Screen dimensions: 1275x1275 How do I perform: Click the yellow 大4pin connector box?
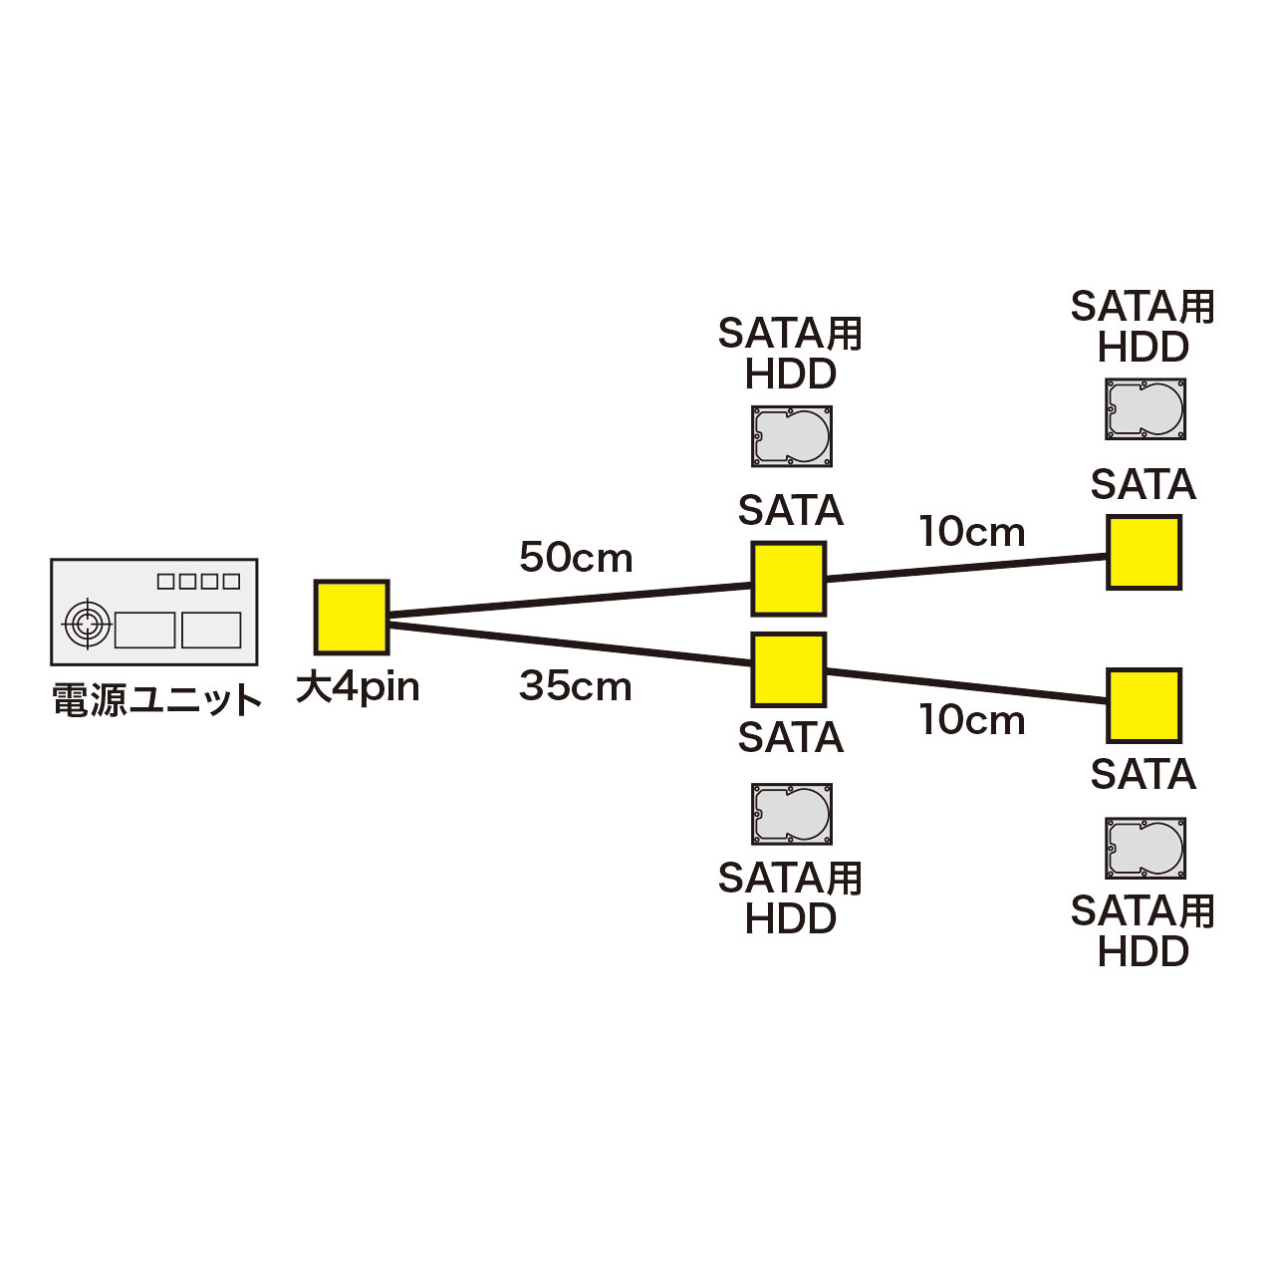352,617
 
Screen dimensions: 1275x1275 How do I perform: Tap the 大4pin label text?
358,687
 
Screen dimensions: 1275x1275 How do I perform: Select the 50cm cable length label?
576,558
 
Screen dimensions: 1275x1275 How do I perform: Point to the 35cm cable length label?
576,686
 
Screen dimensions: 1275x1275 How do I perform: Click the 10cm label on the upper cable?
971,532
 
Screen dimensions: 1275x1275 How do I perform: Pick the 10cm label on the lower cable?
971,720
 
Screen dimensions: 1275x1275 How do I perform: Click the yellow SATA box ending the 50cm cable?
788,579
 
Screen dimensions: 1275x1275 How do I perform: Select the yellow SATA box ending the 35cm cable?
788,669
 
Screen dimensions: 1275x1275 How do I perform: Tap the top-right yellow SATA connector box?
1144,552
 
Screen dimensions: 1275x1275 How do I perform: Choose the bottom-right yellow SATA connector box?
1144,705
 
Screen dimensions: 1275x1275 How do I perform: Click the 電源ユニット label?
156,700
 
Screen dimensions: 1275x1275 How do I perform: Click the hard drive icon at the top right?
1145,408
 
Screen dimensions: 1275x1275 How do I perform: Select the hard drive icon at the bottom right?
1145,849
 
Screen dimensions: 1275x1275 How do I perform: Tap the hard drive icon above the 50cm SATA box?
791,436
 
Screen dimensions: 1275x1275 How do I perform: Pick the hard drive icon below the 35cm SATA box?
791,814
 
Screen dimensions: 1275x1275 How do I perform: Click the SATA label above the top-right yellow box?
1143,485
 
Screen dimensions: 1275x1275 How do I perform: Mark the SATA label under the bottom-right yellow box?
1143,775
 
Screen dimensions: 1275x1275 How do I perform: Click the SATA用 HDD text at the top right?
1143,327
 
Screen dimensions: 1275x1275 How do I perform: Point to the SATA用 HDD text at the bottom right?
1143,931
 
